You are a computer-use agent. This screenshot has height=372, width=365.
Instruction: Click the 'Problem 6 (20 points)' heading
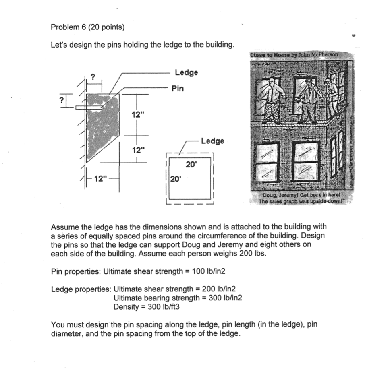tap(87, 27)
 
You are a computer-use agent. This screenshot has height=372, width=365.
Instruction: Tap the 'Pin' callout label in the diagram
tap(177, 88)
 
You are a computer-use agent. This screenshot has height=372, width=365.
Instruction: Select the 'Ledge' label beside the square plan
tap(212, 141)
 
